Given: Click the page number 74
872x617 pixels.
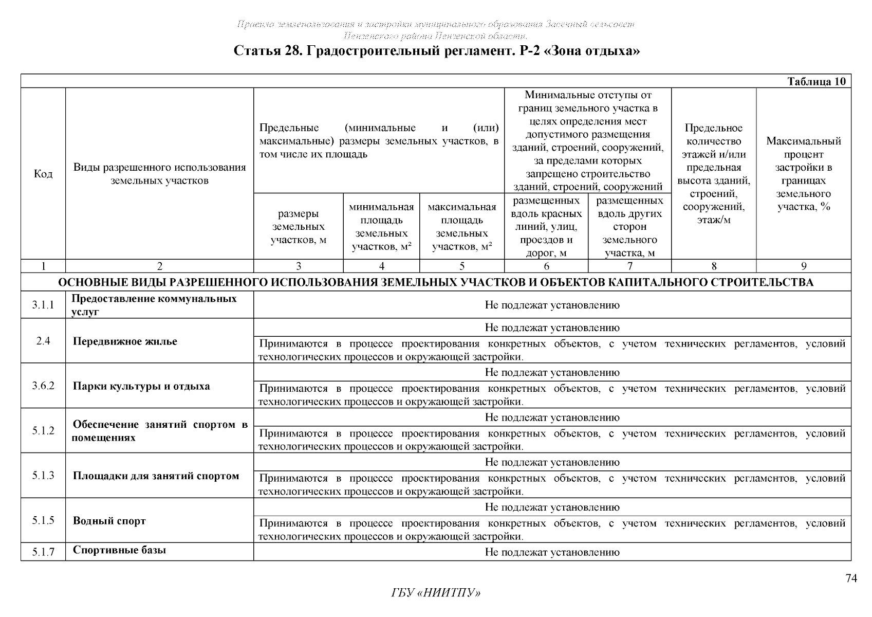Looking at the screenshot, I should [x=851, y=579].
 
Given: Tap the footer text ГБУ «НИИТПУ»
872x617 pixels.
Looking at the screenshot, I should [x=436, y=593].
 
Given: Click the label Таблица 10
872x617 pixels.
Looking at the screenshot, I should [x=816, y=82].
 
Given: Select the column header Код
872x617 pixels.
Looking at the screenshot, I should [x=43, y=174].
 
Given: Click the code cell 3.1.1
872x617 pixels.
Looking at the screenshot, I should [x=43, y=305].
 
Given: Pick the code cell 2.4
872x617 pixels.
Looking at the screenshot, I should [x=43, y=341].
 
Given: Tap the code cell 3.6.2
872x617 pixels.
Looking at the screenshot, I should [x=43, y=386].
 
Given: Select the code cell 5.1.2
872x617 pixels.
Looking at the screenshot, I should [x=43, y=431].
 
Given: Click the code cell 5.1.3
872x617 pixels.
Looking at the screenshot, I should [x=43, y=476].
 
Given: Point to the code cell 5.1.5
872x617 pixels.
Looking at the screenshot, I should [x=43, y=520].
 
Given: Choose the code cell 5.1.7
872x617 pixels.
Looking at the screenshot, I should [x=43, y=552].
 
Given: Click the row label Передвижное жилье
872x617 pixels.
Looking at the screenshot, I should [x=125, y=341].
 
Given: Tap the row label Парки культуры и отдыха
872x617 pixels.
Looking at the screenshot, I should [x=141, y=386].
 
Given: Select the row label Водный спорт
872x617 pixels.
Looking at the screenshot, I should [x=109, y=521].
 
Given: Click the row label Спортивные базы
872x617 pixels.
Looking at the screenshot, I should [x=119, y=550].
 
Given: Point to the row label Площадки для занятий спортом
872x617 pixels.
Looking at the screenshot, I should [x=156, y=476].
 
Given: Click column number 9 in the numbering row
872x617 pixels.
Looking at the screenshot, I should [x=804, y=266].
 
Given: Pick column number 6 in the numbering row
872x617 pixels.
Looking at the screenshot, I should [x=546, y=266].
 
